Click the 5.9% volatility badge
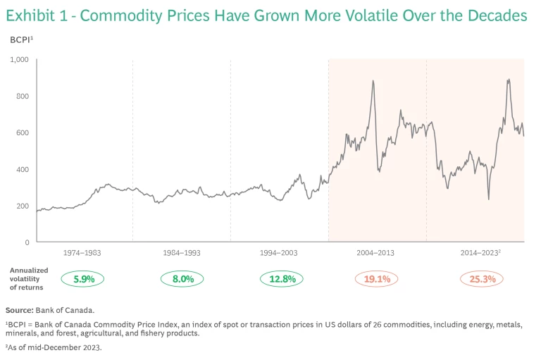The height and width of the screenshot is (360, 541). (84, 279)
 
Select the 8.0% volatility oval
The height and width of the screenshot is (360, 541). (182, 279)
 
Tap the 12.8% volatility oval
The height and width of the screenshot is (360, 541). (280, 279)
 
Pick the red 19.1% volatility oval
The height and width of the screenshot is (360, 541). (377, 279)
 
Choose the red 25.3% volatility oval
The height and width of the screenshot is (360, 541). (483, 279)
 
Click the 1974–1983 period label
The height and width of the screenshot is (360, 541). (84, 252)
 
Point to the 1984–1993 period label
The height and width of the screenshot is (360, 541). (182, 252)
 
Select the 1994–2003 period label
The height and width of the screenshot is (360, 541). (280, 252)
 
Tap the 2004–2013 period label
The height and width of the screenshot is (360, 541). (377, 252)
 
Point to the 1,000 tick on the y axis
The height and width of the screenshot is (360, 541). (19, 60)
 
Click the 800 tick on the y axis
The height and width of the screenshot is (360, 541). (22, 97)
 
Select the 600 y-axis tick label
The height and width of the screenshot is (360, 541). (22, 133)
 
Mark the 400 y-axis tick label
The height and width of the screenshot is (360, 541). (22, 170)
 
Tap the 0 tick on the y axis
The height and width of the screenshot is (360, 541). (26, 242)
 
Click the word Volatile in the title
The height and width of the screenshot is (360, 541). (361, 15)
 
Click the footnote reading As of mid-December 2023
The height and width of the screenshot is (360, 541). (54, 347)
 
